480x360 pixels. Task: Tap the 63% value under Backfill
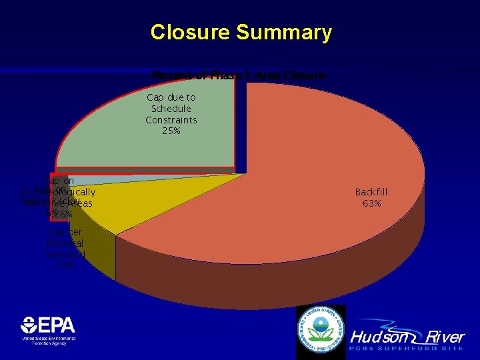[x=371, y=203]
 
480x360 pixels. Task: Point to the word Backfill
[x=371, y=192]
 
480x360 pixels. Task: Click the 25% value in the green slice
[x=171, y=131]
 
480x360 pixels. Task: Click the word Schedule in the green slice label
[x=171, y=109]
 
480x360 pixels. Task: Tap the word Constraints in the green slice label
[x=171, y=120]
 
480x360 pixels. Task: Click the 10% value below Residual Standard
[x=65, y=265]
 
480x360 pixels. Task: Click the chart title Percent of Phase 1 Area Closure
[x=238, y=75]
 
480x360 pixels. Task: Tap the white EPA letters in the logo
[x=57, y=325]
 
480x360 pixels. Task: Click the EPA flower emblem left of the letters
[x=29, y=325]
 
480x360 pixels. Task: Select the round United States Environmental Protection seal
[x=321, y=331]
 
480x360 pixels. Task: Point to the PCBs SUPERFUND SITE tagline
[x=407, y=349]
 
